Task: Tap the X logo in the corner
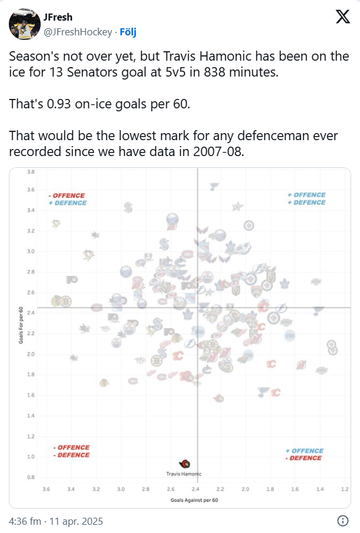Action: [x=342, y=18]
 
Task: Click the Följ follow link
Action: [x=128, y=32]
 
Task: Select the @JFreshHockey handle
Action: [x=78, y=32]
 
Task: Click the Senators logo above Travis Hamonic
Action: [x=186, y=464]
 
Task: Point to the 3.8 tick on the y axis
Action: [x=31, y=172]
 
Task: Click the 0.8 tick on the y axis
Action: [x=31, y=477]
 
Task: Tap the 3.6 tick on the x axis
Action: [x=46, y=489]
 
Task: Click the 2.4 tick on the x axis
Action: [x=196, y=489]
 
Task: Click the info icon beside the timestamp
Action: [x=342, y=521]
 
